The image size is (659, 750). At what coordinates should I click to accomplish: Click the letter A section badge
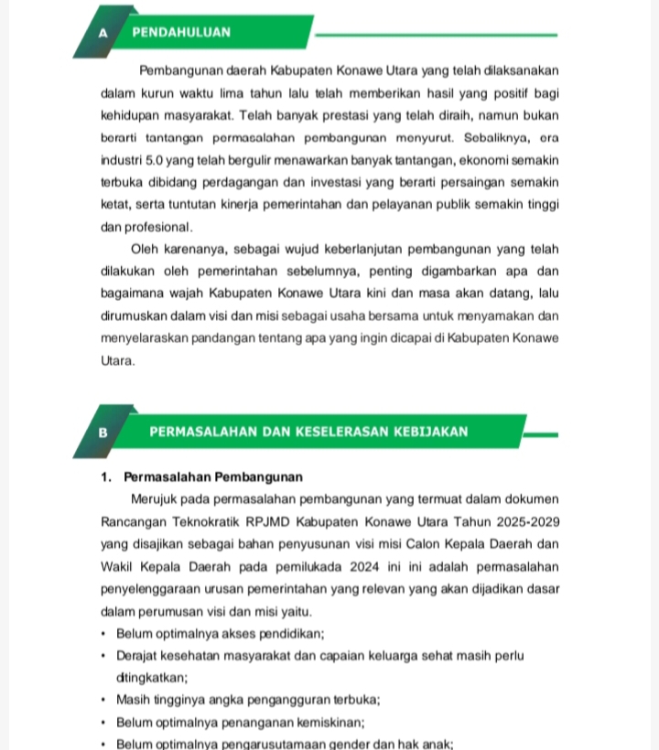(103, 32)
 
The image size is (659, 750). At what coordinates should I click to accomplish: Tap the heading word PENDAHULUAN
(181, 32)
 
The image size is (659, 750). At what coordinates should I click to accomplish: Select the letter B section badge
(103, 431)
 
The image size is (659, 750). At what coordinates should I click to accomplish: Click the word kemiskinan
(301, 722)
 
